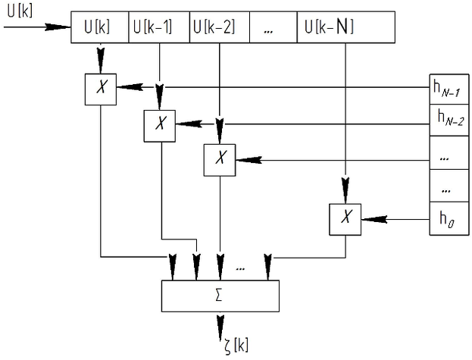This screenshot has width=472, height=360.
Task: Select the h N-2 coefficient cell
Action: [450, 118]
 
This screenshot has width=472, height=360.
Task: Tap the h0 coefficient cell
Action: [450, 220]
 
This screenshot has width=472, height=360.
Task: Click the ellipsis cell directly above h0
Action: [450, 186]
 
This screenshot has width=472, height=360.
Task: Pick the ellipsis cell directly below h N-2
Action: [450, 156]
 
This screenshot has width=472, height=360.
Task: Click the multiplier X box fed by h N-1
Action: [99, 88]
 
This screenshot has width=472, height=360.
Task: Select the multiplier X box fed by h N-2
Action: [159, 124]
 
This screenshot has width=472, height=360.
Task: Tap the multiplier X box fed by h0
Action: [345, 218]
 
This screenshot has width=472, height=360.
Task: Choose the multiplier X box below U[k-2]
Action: [220, 158]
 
